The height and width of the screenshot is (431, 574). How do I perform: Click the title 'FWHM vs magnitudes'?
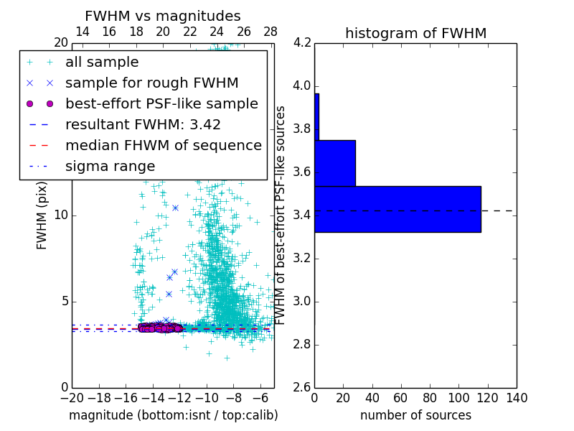(x=163, y=16)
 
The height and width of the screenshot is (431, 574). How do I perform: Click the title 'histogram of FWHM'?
(x=415, y=33)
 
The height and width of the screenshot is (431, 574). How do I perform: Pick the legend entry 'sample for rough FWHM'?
(x=151, y=83)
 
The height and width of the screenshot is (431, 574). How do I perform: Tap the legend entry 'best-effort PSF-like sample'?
(x=161, y=103)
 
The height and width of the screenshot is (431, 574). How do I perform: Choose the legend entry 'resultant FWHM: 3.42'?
(x=143, y=124)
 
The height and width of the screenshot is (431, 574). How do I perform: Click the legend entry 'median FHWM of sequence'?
(x=163, y=145)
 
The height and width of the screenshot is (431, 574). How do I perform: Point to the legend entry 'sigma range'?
(x=110, y=166)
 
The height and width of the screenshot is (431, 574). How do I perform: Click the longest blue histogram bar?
(x=397, y=209)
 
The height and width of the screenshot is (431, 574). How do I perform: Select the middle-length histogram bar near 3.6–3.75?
(x=335, y=163)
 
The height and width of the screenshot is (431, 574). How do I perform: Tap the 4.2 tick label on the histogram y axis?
(x=301, y=43)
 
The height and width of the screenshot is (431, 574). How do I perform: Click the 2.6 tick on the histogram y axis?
(x=301, y=387)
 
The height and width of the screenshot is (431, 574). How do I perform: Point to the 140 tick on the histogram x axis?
(x=517, y=398)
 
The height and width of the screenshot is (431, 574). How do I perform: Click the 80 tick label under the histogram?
(x=430, y=398)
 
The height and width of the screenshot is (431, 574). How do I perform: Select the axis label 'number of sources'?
(x=415, y=415)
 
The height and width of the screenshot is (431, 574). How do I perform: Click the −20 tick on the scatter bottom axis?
(x=72, y=398)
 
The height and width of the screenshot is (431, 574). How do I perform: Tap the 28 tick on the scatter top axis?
(x=270, y=32)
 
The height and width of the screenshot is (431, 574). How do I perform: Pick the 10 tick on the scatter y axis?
(x=61, y=215)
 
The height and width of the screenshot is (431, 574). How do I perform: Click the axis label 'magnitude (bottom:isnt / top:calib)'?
(x=173, y=415)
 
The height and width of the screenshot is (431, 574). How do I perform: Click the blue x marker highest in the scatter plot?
(x=175, y=208)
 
